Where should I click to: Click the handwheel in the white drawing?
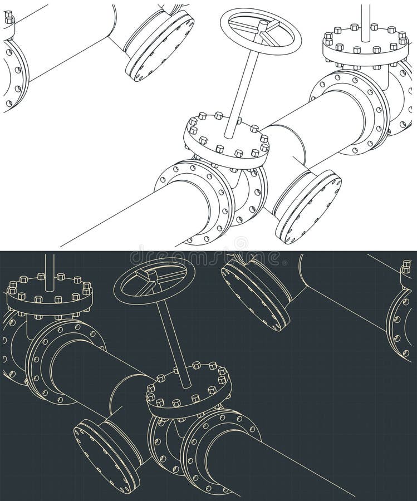(261, 31)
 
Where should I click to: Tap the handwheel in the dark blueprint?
(151, 281)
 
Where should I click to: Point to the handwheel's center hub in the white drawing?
(262, 25)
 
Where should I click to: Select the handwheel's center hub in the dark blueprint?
(149, 274)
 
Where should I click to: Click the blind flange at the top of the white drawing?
(160, 45)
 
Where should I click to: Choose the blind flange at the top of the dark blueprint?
(256, 294)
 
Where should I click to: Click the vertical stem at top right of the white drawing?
(365, 22)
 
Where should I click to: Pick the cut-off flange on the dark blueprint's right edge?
(401, 323)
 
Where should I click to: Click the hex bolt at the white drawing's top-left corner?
(8, 18)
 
